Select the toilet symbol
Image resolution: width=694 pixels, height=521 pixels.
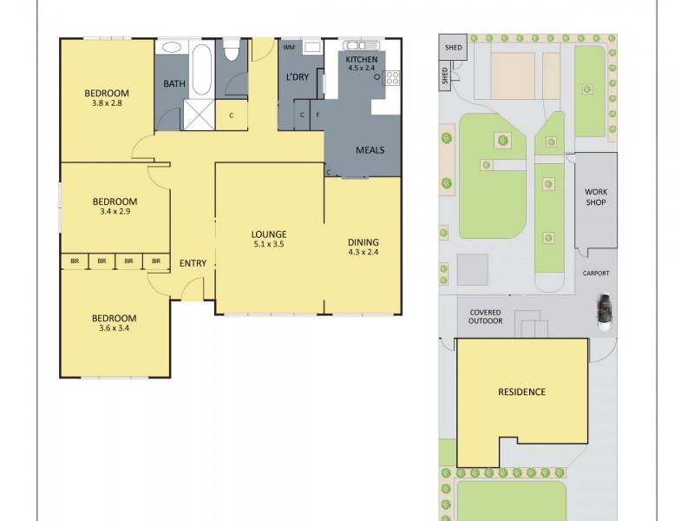pos(231,51)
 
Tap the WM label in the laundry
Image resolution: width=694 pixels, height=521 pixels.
pos(289,47)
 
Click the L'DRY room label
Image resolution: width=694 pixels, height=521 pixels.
pos(298,77)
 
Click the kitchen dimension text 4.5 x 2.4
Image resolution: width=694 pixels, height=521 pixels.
pos(363,67)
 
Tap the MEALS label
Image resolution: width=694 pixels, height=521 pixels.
pos(370,150)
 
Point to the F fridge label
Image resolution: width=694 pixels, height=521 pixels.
pos(318,115)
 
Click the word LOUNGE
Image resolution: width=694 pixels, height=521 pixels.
pos(269,234)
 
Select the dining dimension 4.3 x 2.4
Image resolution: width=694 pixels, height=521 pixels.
pos(363,253)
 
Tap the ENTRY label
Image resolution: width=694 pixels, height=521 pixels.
pos(193,263)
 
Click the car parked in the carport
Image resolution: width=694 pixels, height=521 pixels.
pos(603,310)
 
